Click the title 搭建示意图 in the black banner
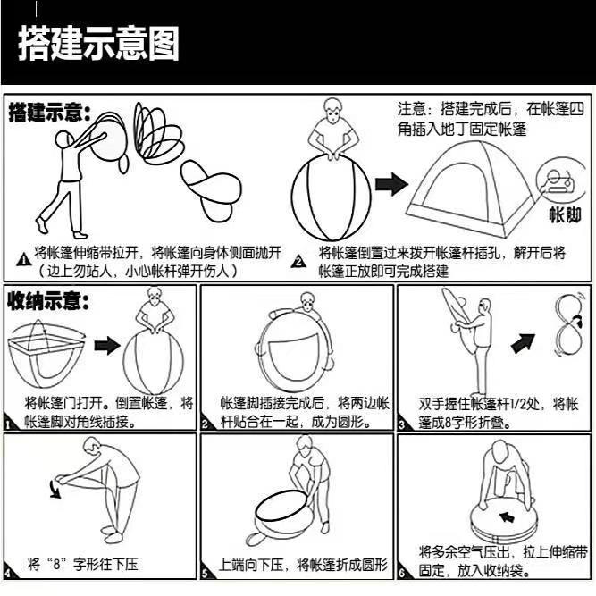[x=99, y=43]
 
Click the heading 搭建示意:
[x=50, y=113]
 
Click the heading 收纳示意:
[x=50, y=300]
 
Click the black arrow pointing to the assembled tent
[x=390, y=185]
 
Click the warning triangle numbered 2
[x=299, y=260]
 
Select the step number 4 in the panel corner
[x=9, y=572]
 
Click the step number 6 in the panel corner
[x=403, y=572]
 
